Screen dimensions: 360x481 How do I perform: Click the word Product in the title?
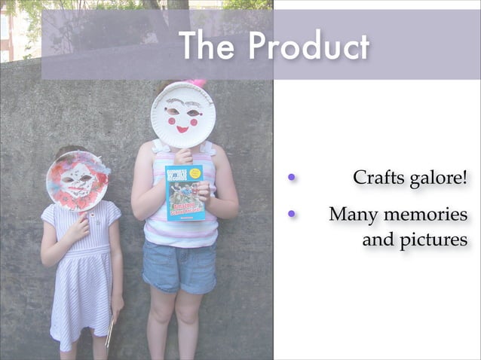(x=309, y=47)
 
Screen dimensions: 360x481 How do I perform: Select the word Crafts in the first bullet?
(x=379, y=179)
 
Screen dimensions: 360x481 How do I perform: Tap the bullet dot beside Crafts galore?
(x=290, y=178)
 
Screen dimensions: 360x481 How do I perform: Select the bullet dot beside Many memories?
(x=290, y=214)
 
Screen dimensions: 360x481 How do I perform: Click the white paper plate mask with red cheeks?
(x=182, y=114)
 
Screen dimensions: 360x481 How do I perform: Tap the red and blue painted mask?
(x=76, y=180)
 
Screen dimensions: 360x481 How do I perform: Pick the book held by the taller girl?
(x=185, y=192)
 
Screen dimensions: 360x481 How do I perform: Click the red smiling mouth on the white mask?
(x=182, y=129)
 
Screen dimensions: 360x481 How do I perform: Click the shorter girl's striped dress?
(x=81, y=279)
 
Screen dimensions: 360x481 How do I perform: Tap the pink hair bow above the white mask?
(x=198, y=82)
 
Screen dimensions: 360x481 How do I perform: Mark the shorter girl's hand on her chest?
(x=78, y=225)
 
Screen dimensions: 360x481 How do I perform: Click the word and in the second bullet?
(x=378, y=241)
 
